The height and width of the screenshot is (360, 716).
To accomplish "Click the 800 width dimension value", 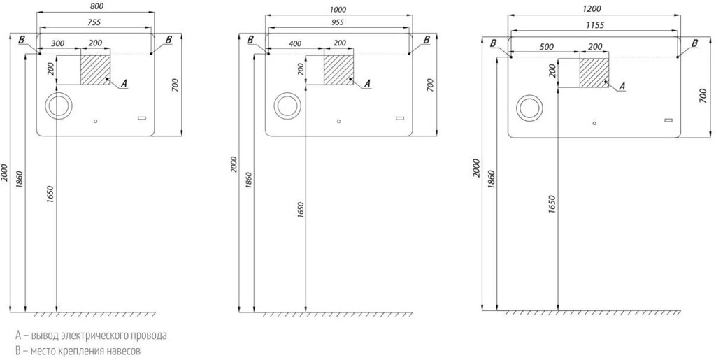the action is tap(96, 6).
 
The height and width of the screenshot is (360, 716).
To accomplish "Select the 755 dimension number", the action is tap(94, 22).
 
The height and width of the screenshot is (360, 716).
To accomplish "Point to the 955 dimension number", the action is tap(338, 22).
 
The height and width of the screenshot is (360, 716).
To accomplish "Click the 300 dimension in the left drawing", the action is tap(57, 43).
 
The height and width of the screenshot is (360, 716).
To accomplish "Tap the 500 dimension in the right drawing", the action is tap(546, 47).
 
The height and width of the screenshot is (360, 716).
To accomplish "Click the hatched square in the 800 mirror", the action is tap(95, 69).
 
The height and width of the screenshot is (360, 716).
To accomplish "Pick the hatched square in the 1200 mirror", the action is tap(594, 73).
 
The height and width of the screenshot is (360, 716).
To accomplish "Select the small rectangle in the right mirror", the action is tap(669, 120).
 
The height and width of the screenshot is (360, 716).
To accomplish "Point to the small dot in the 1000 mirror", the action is tap(338, 121).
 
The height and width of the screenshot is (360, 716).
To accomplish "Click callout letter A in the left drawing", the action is tap(124, 83).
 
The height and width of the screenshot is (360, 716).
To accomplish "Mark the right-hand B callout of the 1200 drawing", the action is tap(694, 43).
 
